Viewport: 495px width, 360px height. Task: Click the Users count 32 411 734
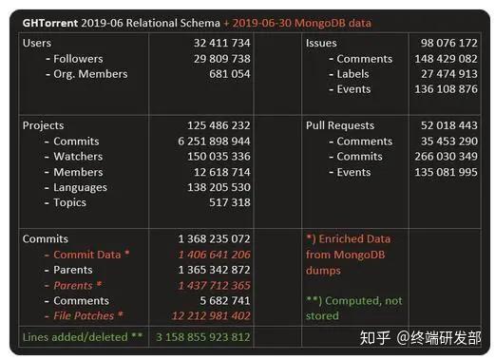[215, 44]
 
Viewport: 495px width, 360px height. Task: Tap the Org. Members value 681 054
[228, 74]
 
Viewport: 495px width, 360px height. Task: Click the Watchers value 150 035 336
[215, 157]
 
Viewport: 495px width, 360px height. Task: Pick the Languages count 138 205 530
[215, 187]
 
